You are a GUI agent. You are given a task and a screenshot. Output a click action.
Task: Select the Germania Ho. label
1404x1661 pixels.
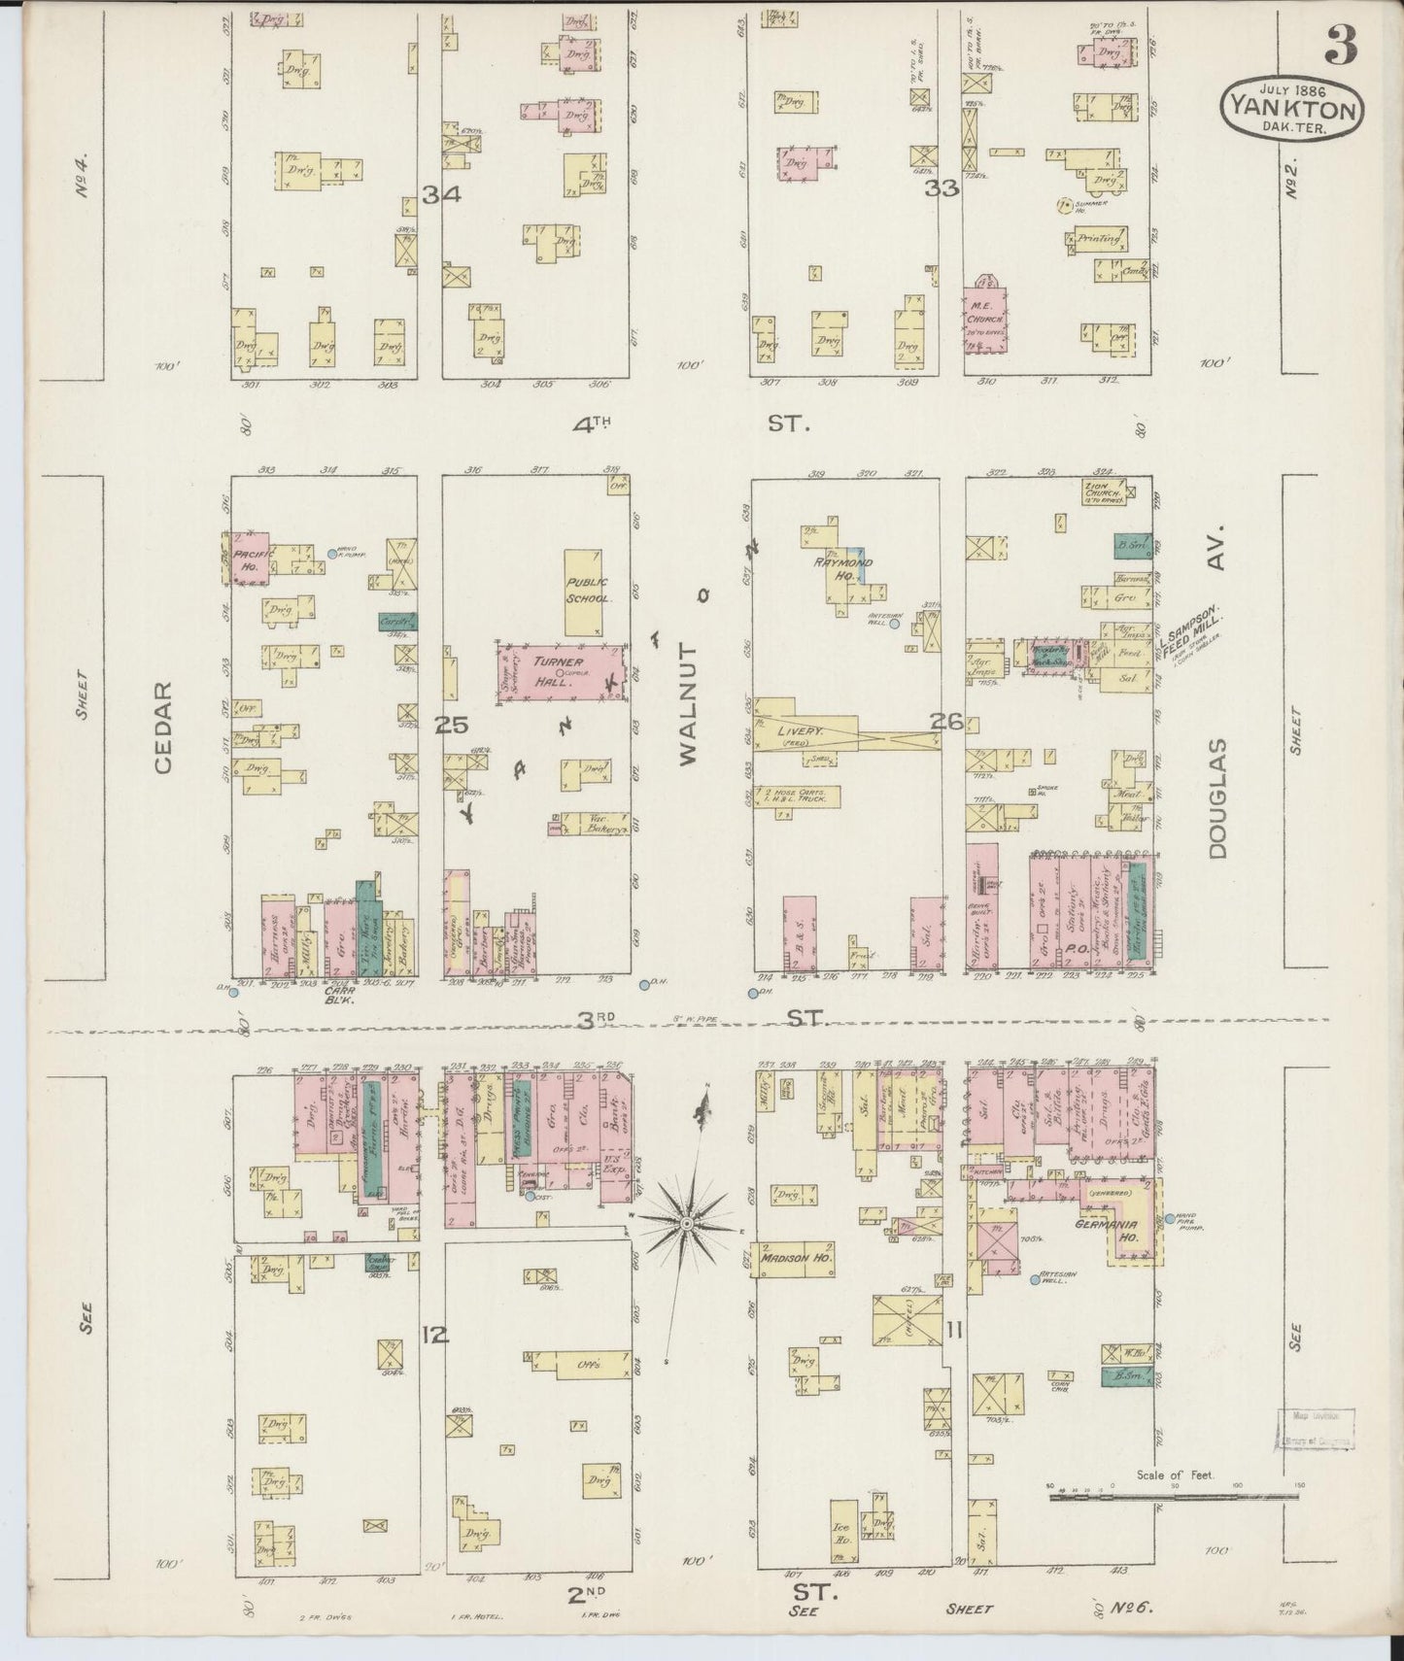click(x=1120, y=1225)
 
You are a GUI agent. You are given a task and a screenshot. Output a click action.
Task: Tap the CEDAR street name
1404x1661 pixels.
click(x=162, y=727)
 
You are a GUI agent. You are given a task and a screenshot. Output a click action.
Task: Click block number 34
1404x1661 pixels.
click(x=440, y=194)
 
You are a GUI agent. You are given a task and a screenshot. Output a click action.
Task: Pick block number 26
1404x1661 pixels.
click(x=944, y=721)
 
